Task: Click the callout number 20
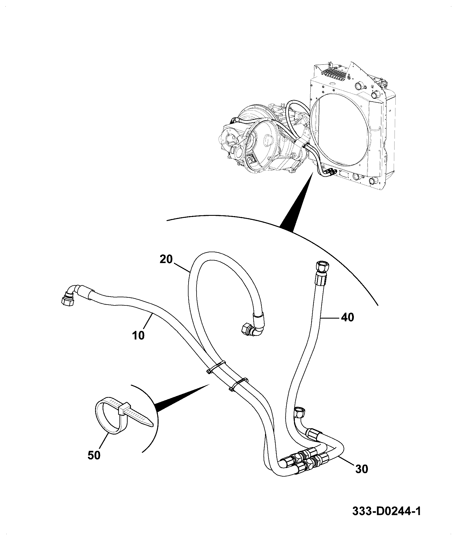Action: point(166,259)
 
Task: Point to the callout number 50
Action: point(94,463)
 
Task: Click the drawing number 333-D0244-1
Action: point(387,511)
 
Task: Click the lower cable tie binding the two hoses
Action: point(239,384)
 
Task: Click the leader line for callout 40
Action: point(330,317)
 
